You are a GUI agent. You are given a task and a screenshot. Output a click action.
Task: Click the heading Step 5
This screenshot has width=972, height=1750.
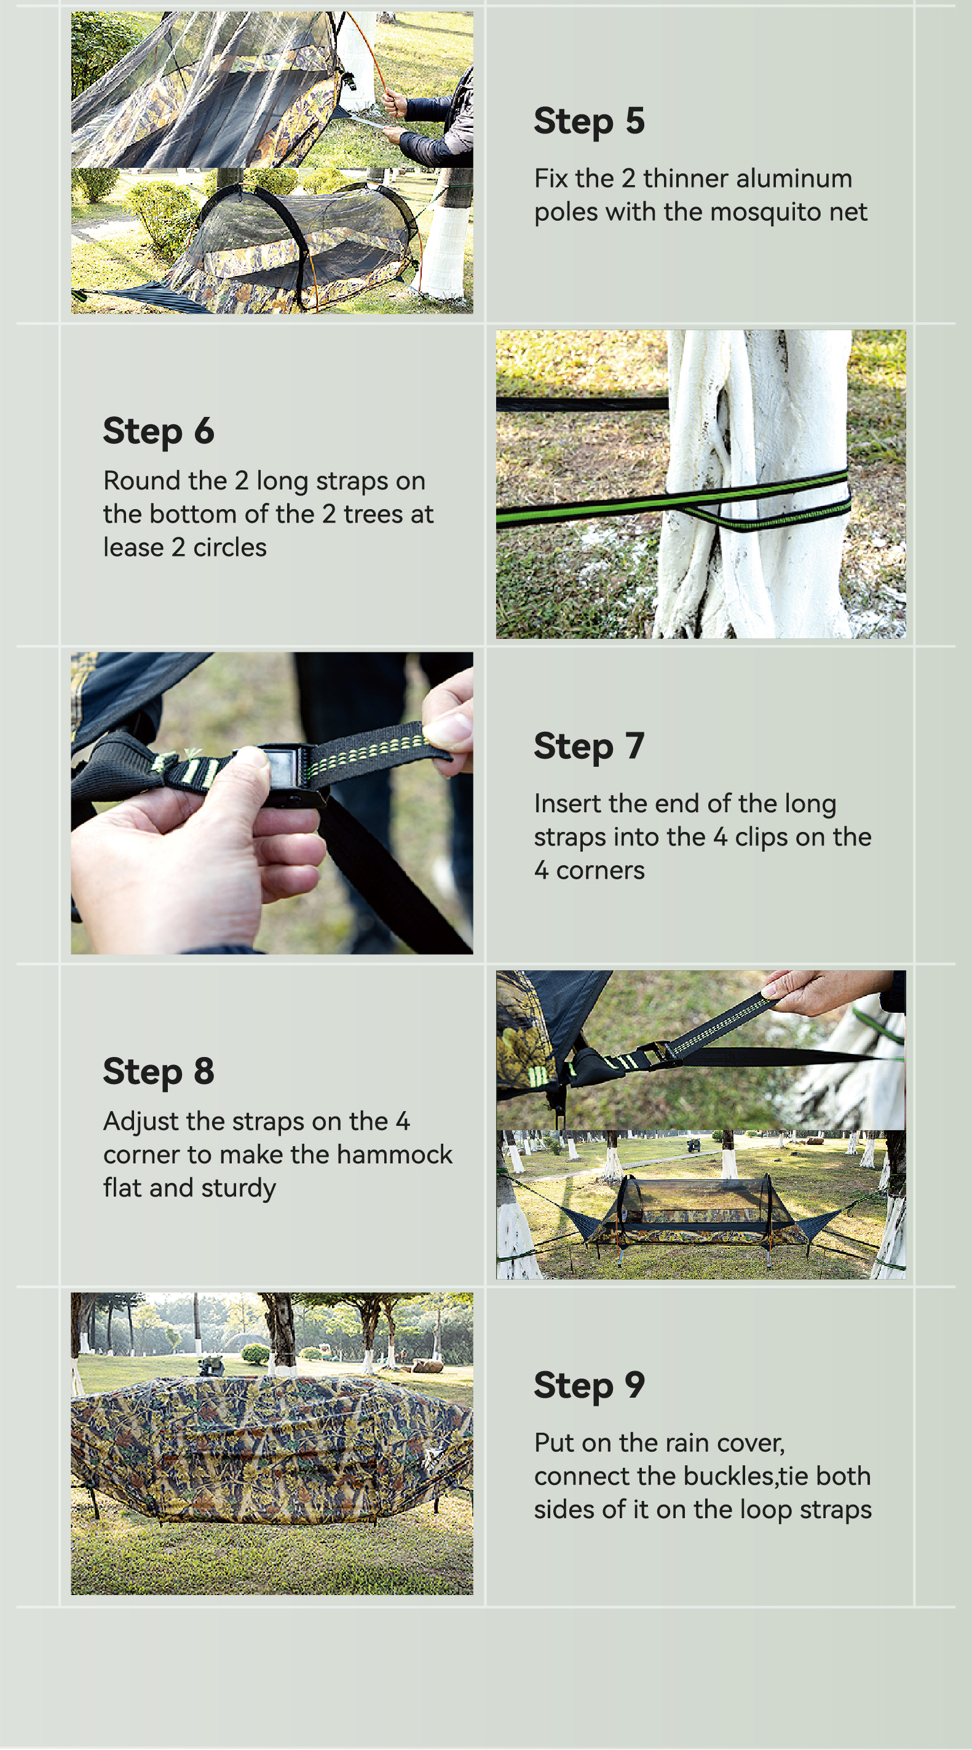tap(589, 122)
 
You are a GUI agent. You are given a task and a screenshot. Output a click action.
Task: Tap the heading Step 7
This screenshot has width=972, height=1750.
tap(589, 746)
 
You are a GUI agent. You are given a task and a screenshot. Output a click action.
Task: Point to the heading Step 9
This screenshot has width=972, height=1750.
tap(589, 1385)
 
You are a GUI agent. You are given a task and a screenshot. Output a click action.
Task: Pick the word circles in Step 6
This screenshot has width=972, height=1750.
tap(229, 547)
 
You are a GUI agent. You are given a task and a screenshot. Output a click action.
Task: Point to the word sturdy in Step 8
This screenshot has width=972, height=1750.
tap(239, 1189)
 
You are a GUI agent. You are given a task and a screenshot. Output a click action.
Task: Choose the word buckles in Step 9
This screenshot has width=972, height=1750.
tap(730, 1476)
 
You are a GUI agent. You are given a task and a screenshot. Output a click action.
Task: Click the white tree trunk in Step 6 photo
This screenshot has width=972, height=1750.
tap(754, 484)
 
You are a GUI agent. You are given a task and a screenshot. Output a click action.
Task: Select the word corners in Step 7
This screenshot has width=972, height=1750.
tap(601, 870)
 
